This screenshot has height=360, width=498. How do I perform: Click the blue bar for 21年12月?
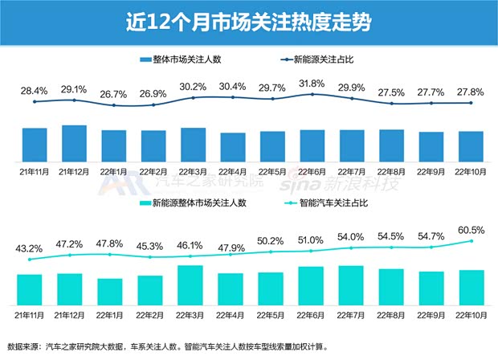pyautogui.click(x=75, y=144)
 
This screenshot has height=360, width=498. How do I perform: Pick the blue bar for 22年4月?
pyautogui.click(x=232, y=148)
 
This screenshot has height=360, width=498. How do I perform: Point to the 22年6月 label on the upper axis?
pyautogui.click(x=312, y=171)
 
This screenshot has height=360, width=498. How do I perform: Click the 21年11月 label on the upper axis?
pyautogui.click(x=35, y=171)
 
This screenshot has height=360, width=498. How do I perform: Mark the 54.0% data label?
pyautogui.click(x=351, y=239)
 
